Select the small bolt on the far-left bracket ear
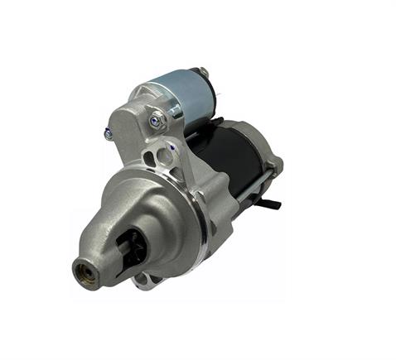[109, 132]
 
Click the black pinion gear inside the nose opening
[130, 249]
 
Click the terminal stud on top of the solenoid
[203, 73]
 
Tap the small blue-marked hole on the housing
[170, 148]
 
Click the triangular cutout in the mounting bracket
[150, 157]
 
